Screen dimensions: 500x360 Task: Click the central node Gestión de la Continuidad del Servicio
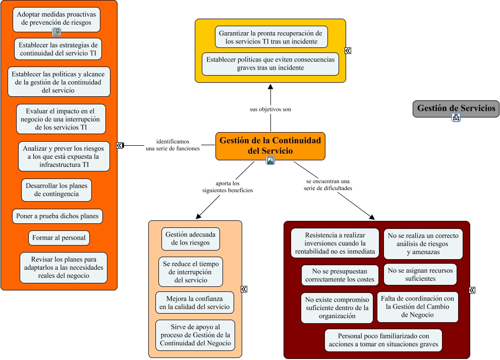tap(270, 146)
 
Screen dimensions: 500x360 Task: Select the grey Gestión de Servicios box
tap(456, 108)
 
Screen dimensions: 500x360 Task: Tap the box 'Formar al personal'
tap(59, 238)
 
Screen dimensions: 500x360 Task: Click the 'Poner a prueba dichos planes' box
tap(58, 216)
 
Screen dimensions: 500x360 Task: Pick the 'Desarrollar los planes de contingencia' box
tap(57, 190)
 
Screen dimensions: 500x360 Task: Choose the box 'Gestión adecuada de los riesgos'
tap(190, 238)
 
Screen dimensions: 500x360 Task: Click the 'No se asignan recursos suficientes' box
tap(420, 274)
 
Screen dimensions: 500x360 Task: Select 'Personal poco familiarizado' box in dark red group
tap(383, 340)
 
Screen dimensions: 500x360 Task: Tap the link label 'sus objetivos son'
tap(270, 109)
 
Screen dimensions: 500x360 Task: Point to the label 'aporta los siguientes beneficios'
tap(228, 187)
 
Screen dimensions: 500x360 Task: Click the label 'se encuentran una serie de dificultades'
tap(328, 185)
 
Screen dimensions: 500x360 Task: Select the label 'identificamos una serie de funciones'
tap(173, 145)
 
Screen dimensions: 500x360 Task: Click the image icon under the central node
tap(270, 160)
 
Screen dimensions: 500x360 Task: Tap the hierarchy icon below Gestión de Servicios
tap(456, 117)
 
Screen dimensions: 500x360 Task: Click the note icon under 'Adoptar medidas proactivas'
tap(57, 32)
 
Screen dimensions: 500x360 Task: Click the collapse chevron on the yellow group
tap(348, 50)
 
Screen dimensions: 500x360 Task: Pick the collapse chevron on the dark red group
tap(472, 290)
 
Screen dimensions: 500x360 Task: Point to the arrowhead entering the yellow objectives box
tap(270, 87)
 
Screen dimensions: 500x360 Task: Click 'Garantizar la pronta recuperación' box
tap(271, 37)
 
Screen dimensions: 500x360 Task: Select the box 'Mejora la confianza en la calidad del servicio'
tap(195, 303)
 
